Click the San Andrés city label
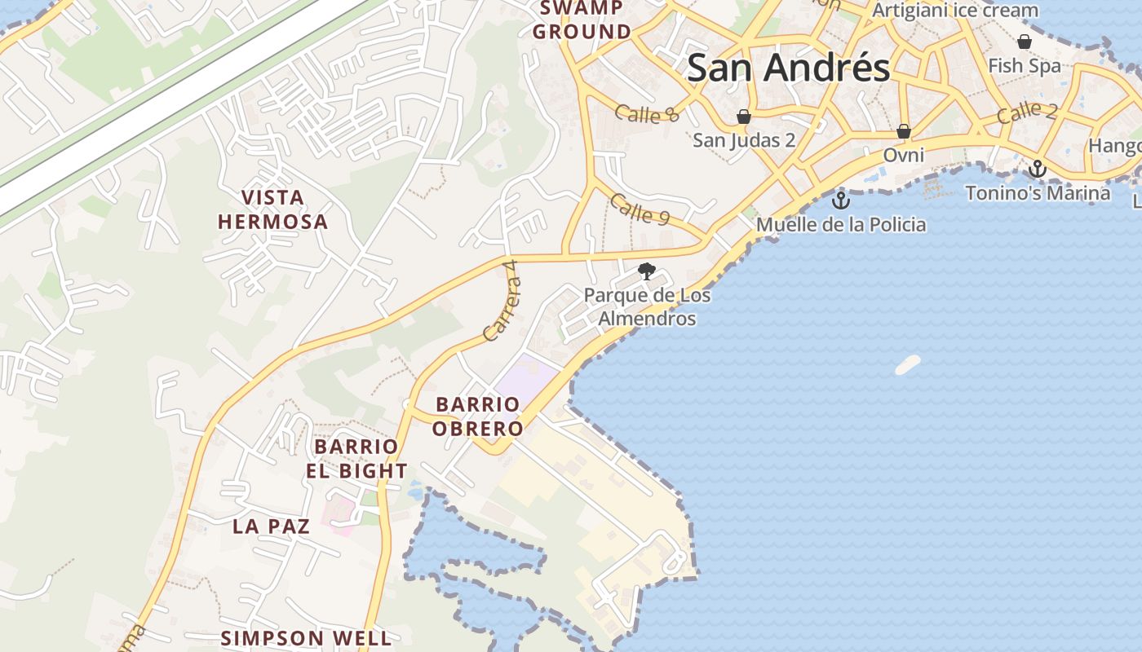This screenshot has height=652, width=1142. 788,68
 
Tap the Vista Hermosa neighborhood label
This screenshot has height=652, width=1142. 272,209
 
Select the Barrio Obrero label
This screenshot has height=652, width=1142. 477,416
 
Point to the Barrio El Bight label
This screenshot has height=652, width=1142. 356,458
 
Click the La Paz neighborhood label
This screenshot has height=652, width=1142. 271,526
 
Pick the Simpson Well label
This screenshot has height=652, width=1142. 306,637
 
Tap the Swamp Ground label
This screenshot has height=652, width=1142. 582,20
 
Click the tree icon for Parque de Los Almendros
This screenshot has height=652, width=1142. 647,271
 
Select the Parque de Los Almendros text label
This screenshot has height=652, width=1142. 647,306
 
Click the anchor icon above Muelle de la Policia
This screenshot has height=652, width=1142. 841,200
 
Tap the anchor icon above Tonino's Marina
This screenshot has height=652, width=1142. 1038,169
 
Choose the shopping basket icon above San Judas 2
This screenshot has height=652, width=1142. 744,117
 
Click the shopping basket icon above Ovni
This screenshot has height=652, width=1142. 904,130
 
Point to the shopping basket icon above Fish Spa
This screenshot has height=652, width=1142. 1025,41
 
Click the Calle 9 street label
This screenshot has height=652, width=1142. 640,209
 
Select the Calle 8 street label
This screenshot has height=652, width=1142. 647,114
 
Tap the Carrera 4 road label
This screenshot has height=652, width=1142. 501,301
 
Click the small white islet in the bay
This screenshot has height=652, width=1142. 907,364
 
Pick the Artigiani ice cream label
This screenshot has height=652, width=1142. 954,11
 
